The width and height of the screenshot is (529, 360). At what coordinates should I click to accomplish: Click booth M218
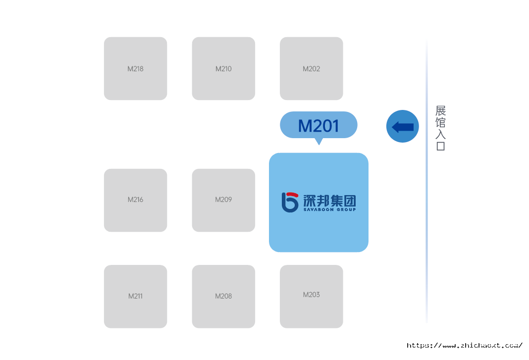click(x=135, y=68)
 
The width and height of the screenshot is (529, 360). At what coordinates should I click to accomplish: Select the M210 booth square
click(x=223, y=68)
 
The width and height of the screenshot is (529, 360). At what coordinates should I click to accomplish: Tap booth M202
click(x=311, y=68)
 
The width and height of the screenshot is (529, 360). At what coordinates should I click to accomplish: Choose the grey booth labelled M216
click(x=135, y=200)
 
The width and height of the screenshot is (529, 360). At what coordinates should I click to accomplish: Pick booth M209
click(x=223, y=200)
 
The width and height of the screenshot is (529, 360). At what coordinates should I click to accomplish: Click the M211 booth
click(x=135, y=296)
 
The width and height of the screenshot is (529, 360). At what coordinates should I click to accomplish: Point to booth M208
click(x=223, y=296)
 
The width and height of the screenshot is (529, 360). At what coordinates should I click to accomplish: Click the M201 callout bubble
click(x=318, y=125)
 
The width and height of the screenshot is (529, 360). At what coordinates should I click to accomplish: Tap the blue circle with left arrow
click(x=402, y=126)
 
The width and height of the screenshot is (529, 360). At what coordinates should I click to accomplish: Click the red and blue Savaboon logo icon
click(x=290, y=202)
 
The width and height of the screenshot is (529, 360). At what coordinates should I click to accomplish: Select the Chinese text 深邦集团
click(x=329, y=200)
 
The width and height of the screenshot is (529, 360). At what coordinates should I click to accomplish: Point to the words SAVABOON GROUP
click(x=329, y=210)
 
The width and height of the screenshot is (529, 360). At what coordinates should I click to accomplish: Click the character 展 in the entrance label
click(x=440, y=110)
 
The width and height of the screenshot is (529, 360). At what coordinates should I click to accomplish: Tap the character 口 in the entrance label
click(x=440, y=146)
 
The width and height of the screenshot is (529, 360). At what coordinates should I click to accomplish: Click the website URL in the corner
click(x=465, y=346)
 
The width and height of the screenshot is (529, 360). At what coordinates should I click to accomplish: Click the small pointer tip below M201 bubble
click(x=319, y=142)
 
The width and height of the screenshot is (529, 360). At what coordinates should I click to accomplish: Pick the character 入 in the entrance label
click(x=440, y=134)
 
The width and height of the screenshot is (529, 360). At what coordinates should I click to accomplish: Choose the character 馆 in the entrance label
click(x=440, y=122)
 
